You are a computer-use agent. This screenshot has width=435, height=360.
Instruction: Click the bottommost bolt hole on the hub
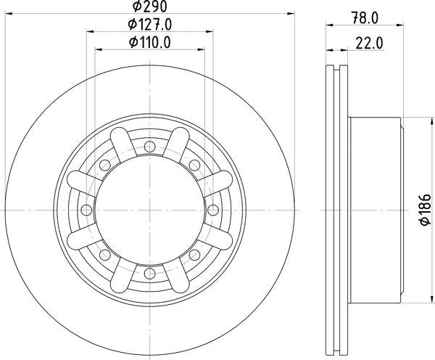[149, 272]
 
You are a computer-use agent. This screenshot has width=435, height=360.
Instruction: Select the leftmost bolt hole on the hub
[87, 210]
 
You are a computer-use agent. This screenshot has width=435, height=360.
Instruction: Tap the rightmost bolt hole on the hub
[211, 210]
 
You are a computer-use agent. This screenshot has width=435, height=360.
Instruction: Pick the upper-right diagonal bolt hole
[193, 166]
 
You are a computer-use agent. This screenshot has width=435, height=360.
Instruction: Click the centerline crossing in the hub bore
[149, 210]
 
